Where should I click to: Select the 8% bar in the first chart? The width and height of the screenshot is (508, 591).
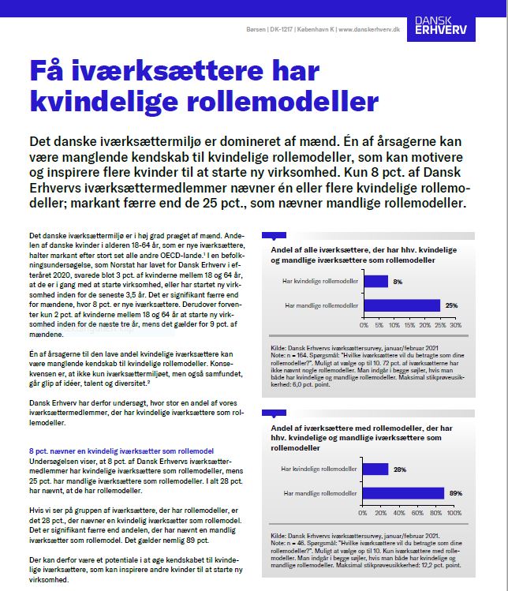(375, 281)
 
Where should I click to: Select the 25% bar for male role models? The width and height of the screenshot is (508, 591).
(402, 305)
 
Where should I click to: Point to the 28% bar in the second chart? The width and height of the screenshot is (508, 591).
(375, 469)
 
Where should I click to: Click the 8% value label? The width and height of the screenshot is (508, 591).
(398, 281)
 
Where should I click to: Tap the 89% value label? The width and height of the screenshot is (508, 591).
(455, 493)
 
